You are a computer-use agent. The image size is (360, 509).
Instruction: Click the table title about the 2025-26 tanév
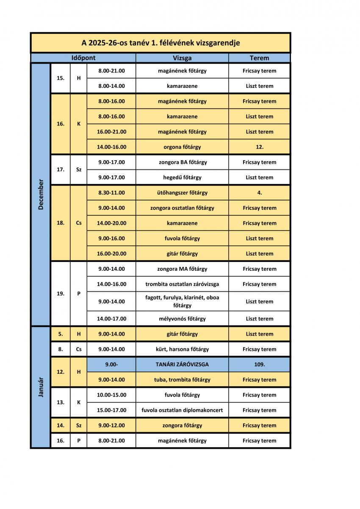coord(161,43)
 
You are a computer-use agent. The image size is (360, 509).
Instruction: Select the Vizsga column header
coord(182,58)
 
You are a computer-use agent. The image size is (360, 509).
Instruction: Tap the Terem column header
coord(259,58)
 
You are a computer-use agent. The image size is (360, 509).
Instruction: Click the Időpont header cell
coord(83,58)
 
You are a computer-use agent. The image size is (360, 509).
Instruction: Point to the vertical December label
coord(41,195)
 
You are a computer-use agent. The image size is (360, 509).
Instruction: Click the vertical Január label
coord(41,387)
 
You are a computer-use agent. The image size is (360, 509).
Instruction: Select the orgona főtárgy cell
coord(182,147)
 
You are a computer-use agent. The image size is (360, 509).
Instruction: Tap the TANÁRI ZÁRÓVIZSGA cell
coord(182,364)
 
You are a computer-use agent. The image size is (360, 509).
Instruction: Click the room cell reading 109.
coord(259,364)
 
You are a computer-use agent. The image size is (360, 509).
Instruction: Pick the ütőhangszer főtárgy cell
coord(182,193)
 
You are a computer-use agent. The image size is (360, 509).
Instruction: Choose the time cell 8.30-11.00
coord(111,193)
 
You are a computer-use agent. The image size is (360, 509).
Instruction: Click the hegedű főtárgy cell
coord(182,178)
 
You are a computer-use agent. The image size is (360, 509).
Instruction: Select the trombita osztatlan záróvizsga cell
coord(182,284)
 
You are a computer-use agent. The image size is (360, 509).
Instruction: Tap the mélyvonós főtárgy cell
coord(182,319)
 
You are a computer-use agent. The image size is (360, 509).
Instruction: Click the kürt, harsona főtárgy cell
coord(182,349)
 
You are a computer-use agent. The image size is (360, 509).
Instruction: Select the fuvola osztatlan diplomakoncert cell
coord(182,410)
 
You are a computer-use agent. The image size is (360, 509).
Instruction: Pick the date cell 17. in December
coord(61,170)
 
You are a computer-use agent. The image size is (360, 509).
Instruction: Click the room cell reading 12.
coord(259,147)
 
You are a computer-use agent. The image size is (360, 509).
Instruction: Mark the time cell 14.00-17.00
coord(111,319)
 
